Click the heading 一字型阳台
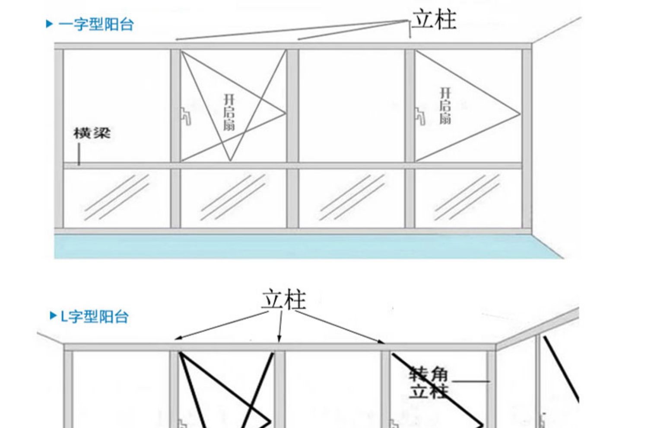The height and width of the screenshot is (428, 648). coord(96,24)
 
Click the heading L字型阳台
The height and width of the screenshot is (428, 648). coord(95,317)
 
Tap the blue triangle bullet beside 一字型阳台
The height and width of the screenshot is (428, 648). coord(49,24)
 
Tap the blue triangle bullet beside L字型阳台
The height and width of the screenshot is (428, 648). coord(53,316)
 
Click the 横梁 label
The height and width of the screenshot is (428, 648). coord(92,133)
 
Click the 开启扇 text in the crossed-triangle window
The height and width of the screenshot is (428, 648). coord(229,113)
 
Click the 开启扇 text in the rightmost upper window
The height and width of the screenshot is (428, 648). coord(445,106)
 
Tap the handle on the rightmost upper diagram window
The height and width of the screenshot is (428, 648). coord(420,116)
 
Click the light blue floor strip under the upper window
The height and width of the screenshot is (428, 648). coord(307,247)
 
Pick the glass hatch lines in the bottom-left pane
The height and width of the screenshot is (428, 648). coord(117,197)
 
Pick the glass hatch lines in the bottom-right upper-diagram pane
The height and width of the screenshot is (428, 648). coord(467,197)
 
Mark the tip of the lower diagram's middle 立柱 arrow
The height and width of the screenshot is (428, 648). coord(279,342)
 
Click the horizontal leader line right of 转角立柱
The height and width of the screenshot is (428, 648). coord(471,381)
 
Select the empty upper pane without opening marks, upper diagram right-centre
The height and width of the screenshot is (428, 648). coord(352,106)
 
